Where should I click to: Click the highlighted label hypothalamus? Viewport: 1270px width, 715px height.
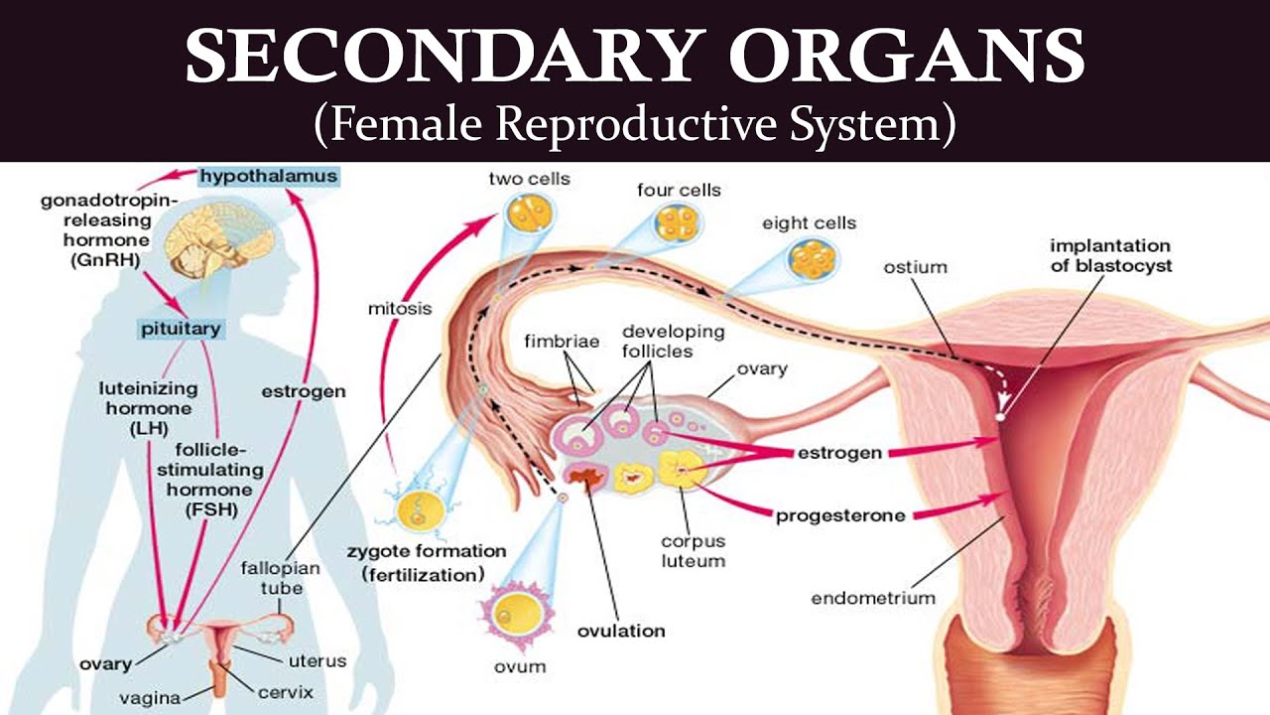[x=268, y=177]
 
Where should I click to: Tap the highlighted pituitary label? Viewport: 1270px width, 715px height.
[x=180, y=328]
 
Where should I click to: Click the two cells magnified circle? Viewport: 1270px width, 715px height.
[x=528, y=215]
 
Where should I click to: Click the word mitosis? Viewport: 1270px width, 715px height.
[x=400, y=308]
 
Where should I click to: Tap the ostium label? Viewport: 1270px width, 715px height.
[x=916, y=267]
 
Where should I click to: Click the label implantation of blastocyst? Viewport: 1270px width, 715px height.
[x=1110, y=255]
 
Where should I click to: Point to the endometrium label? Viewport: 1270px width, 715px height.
[x=873, y=598]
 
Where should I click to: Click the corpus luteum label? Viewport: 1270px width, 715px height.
[x=694, y=551]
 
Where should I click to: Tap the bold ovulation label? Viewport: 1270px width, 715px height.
[x=621, y=631]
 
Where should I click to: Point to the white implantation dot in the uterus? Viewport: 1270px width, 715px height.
[x=1000, y=417]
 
